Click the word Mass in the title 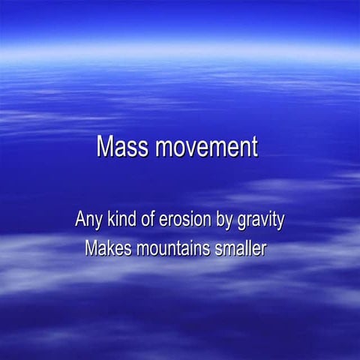(123, 146)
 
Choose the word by (225, 220)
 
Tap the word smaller (239, 247)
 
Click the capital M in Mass (106, 146)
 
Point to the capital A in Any (79, 220)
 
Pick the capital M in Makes (91, 247)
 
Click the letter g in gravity (242, 222)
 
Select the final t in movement (254, 147)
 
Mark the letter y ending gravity (280, 222)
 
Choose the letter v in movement (190, 148)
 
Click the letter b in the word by (221, 220)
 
